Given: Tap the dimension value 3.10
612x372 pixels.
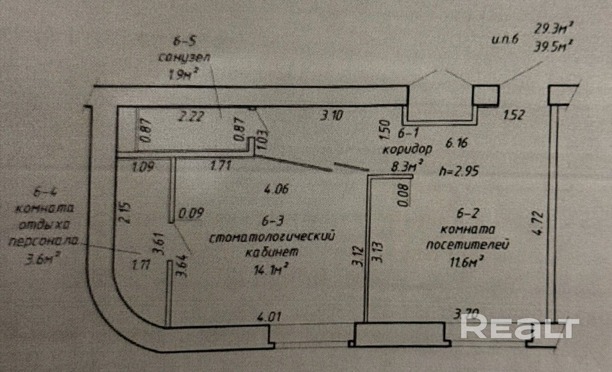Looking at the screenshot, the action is tap(331, 115).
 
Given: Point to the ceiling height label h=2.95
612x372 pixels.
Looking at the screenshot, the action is tap(458, 171).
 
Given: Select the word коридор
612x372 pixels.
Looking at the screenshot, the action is tap(408, 149).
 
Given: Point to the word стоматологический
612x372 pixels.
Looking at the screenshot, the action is tap(272, 237).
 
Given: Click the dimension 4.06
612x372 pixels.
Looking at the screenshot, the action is tap(276, 189).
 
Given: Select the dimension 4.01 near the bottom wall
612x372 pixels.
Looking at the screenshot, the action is tap(269, 317).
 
